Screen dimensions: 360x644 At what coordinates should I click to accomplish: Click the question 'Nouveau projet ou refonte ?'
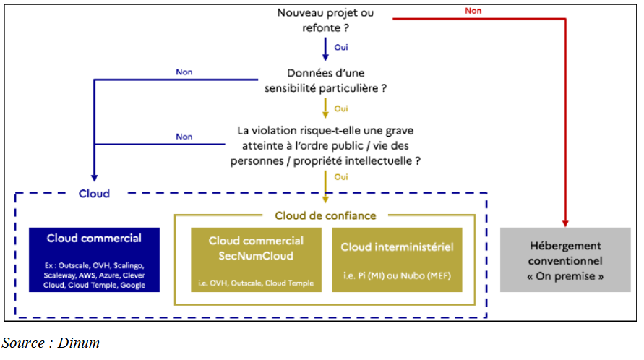pos(325,21)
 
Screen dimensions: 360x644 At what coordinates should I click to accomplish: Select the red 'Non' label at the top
pos(473,11)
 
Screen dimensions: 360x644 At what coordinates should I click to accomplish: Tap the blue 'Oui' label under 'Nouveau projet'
pos(342,46)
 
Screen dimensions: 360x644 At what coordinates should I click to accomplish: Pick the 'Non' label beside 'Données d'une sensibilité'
pos(184,72)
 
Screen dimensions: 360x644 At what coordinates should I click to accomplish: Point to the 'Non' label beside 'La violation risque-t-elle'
pos(184,136)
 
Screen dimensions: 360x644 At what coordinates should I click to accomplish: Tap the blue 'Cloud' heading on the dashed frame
pos(94,194)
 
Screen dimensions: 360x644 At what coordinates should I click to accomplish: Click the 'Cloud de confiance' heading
pos(325,215)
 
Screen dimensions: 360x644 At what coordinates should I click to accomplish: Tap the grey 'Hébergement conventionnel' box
pos(565,260)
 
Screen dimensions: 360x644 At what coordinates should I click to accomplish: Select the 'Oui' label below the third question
pos(342,176)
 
